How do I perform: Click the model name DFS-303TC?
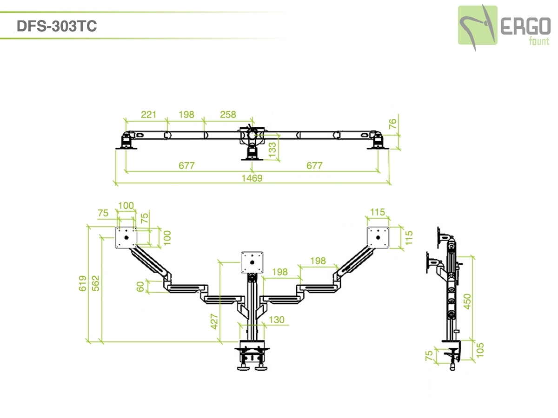click(57, 26)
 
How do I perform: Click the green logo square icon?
click(478, 25)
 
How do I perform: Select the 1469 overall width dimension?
click(252, 178)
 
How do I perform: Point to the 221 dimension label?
click(149, 114)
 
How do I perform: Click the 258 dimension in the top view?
click(227, 114)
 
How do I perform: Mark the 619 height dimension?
click(83, 283)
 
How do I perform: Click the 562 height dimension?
click(95, 283)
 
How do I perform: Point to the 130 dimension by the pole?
click(276, 320)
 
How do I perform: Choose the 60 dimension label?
click(140, 287)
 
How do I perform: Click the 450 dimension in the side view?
click(467, 301)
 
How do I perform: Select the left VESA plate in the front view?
click(126, 237)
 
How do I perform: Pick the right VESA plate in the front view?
click(377, 237)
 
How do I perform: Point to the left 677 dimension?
click(186, 166)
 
